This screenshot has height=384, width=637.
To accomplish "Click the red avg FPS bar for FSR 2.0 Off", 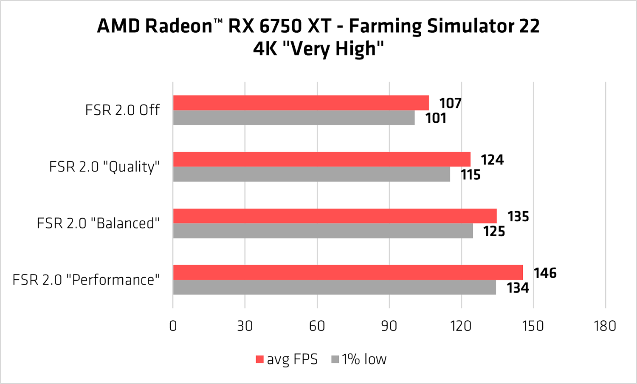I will point(301,103).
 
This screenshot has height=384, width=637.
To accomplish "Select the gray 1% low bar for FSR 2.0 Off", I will point(294,118).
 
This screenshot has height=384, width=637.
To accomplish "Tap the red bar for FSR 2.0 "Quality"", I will point(321,159).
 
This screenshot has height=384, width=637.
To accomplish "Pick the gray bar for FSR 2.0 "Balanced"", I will point(323,231).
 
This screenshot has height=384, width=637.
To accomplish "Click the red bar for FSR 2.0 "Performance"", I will point(348,272).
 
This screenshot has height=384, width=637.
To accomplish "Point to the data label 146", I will point(545,273).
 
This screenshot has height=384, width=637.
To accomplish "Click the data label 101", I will point(436,119).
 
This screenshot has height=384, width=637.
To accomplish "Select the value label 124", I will point(492,160).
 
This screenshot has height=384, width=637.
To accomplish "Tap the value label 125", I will point(494,232).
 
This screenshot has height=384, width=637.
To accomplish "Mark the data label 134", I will point(518,288).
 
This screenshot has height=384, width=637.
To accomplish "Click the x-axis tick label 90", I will point(389,326).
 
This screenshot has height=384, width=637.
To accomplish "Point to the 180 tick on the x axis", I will point(605,326).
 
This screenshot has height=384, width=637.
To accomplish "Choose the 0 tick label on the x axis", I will point(173,326).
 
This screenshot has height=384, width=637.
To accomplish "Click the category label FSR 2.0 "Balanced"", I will point(98,223).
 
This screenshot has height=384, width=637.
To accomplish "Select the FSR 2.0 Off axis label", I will point(122,110).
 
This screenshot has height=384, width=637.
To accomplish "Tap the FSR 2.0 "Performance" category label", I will point(86,280).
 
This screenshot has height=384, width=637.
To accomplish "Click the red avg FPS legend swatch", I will point(259,359).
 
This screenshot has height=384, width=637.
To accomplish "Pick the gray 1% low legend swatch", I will point(335,359).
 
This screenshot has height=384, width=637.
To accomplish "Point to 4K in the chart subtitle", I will point(265,49).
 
